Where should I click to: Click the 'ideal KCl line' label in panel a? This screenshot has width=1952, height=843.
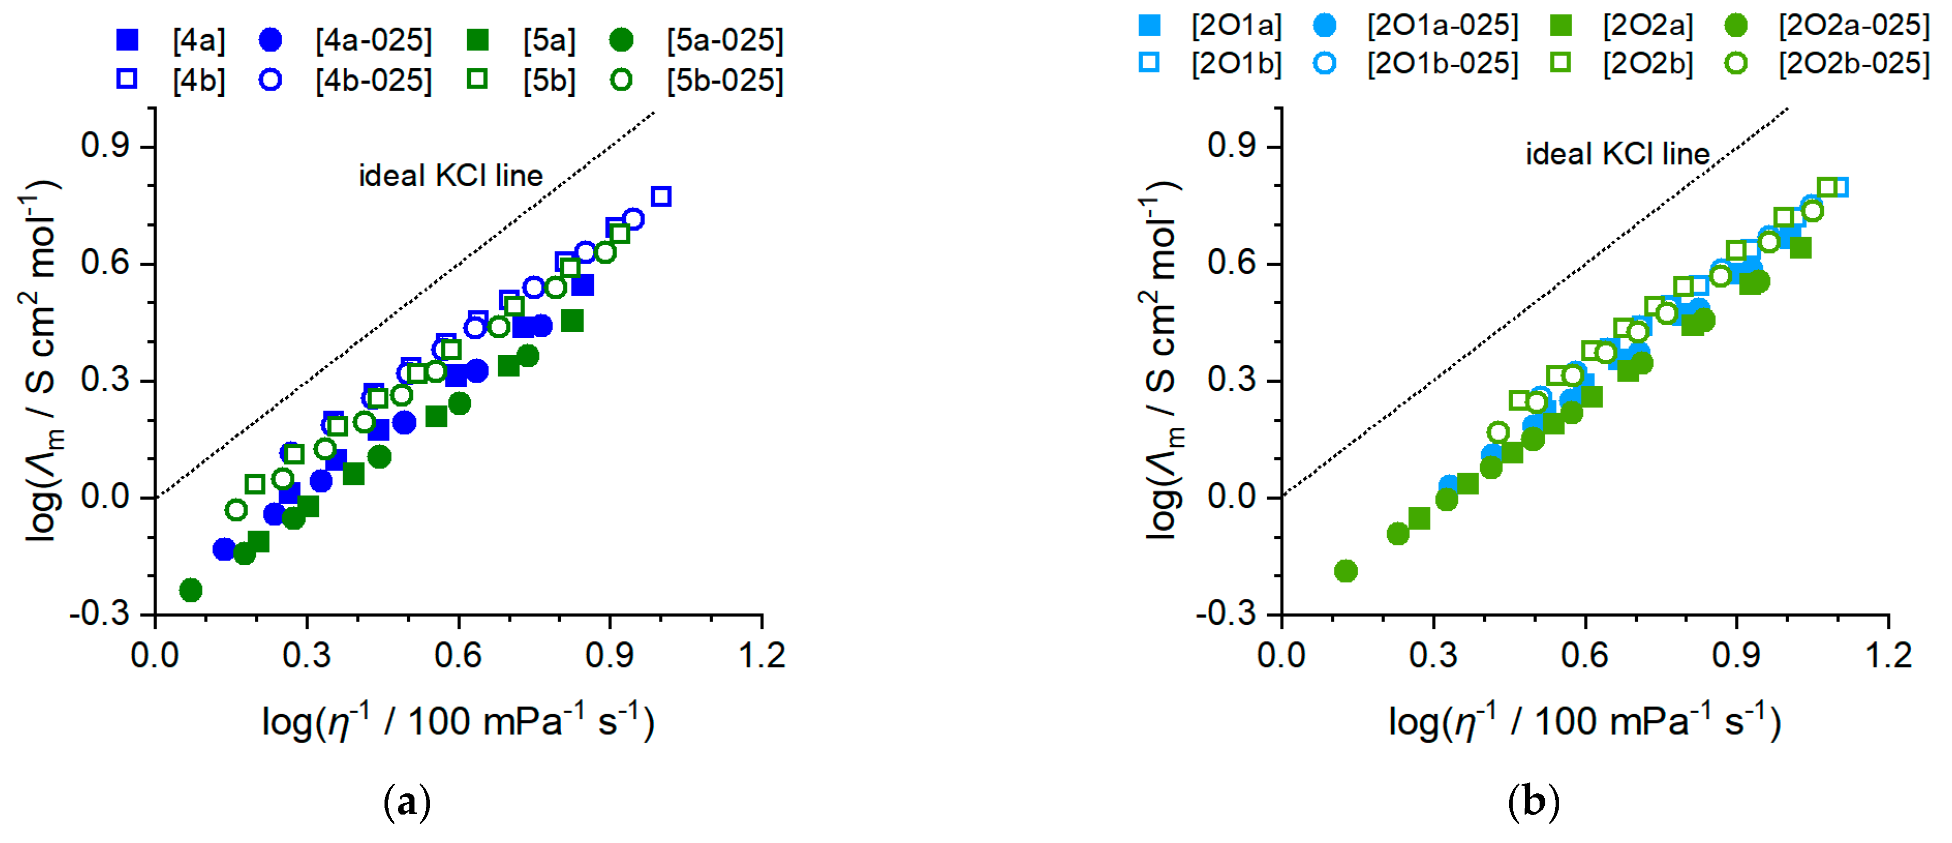click(x=451, y=176)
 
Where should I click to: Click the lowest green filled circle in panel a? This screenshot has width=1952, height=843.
click(x=191, y=590)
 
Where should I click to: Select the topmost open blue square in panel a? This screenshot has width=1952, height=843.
click(x=661, y=197)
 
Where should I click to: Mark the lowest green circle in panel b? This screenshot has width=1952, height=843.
click(x=1345, y=571)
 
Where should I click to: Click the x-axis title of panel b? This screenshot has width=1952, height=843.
click(x=1584, y=721)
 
